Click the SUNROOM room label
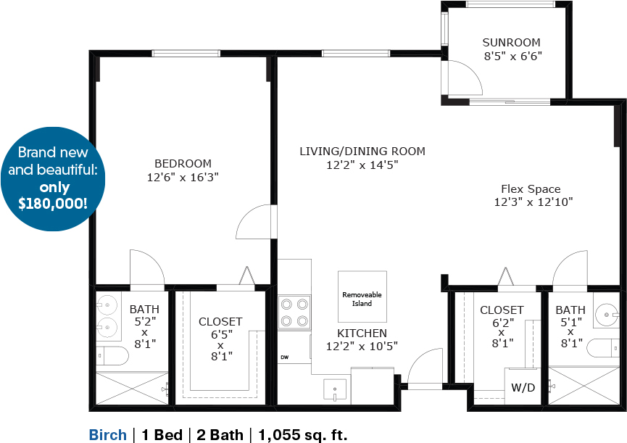click(511, 42)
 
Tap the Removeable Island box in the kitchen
click(362, 297)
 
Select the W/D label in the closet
click(523, 387)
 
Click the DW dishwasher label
click(284, 357)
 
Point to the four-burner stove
click(294, 312)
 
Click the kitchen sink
click(335, 390)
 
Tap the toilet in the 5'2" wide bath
click(112, 355)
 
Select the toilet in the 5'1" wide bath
click(603, 348)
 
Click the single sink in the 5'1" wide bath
click(607, 314)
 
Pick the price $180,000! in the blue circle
click(53, 204)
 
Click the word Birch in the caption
click(107, 434)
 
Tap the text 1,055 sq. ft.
click(303, 434)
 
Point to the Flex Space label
click(531, 189)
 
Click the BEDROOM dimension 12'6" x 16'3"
click(183, 177)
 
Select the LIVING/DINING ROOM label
click(362, 151)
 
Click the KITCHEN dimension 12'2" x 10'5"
click(362, 347)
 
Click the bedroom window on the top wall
click(186, 53)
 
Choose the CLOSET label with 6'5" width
click(220, 322)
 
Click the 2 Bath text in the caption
click(220, 434)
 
